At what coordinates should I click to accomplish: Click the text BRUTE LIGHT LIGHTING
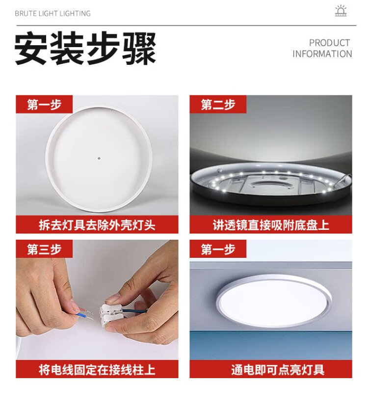[x=53, y=13]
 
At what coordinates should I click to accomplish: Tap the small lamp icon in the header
[x=341, y=11]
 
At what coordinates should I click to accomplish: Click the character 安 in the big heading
[x=30, y=48]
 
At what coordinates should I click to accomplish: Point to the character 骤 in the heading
[x=139, y=48]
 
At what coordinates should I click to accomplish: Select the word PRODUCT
[x=330, y=43]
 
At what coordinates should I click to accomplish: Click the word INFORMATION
[x=322, y=54]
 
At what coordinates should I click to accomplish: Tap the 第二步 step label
[x=218, y=105]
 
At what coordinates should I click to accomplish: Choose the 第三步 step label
[x=44, y=249]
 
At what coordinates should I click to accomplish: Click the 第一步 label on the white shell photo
[x=44, y=105]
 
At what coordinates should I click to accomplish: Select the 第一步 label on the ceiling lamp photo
[x=218, y=249]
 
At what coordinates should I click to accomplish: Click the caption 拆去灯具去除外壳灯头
[x=97, y=225]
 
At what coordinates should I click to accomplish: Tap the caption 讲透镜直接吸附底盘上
[x=271, y=225]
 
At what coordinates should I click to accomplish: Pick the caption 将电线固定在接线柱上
[x=97, y=369]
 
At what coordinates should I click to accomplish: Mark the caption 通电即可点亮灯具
[x=278, y=369]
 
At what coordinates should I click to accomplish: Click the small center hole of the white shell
[x=99, y=159]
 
